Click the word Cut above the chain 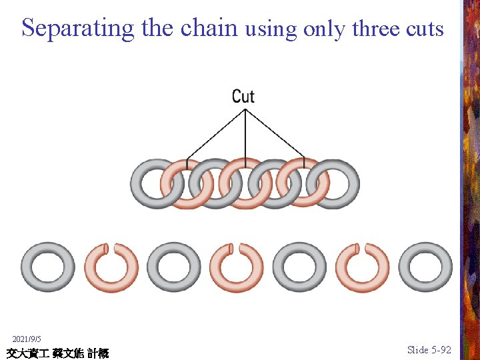(x=243, y=96)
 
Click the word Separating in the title (x=78, y=28)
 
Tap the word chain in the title (x=209, y=28)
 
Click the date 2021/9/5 (x=27, y=339)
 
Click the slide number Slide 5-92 (x=429, y=349)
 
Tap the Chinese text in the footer (x=57, y=353)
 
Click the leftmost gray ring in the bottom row (x=47, y=267)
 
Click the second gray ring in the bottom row (x=173, y=267)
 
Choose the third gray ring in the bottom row (x=299, y=267)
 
